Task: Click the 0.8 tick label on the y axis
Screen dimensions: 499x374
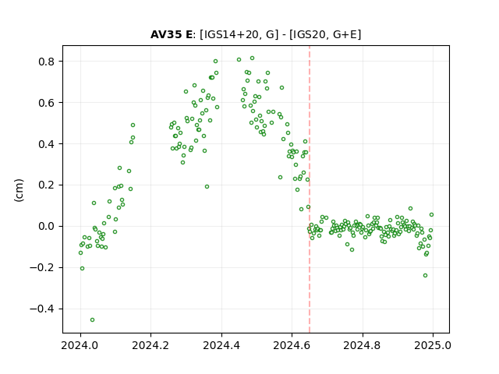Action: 47,62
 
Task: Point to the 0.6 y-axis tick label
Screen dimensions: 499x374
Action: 47,103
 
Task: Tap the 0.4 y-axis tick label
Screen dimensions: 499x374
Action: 47,144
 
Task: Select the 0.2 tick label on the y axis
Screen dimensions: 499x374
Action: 47,185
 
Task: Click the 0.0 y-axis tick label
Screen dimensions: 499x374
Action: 47,227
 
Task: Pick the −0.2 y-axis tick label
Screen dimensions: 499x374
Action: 42,268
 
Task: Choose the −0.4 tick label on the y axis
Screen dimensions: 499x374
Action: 42,309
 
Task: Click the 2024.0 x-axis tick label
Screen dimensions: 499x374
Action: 80,345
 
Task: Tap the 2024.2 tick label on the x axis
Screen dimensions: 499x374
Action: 150,345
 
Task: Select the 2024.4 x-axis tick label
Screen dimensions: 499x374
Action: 221,345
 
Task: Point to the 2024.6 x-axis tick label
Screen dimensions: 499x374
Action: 292,345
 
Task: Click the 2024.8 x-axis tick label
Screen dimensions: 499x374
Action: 362,345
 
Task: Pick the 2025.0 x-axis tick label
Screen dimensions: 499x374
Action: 433,345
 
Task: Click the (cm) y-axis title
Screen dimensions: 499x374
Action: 19,190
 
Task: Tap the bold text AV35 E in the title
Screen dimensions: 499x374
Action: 172,34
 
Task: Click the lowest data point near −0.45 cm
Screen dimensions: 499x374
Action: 92,320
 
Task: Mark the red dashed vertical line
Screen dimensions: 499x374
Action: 310,189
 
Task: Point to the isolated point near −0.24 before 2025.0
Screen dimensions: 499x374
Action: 425,275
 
